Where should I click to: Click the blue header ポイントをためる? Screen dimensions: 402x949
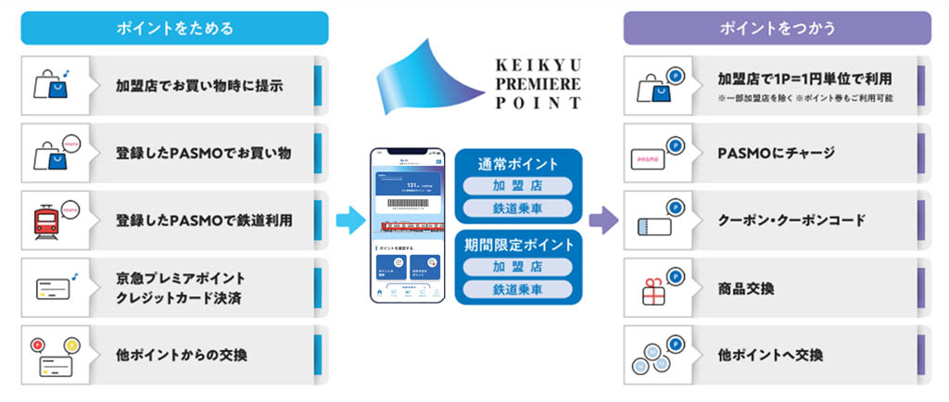[x=174, y=28]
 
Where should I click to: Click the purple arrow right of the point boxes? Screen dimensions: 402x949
[x=603, y=220]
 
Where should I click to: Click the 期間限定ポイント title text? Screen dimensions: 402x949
[x=519, y=245]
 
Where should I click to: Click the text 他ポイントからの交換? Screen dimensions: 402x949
[x=182, y=355]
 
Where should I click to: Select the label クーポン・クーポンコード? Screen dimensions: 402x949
[x=791, y=220]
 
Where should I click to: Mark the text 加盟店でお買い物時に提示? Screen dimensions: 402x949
[x=199, y=86]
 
